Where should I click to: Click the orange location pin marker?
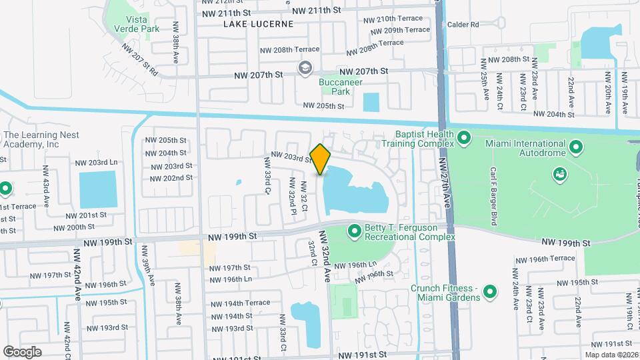pos(320,159)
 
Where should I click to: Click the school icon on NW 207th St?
pos(305,67)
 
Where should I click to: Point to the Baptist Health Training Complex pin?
pos(465,139)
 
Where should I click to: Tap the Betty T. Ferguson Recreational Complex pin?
pos(354,231)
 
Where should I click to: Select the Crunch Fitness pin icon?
pos(490,291)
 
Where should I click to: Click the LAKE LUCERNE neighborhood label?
pos(258,23)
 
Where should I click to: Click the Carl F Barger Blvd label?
pos(494,195)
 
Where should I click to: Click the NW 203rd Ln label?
pos(96,163)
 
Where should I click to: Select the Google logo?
pos(22,351)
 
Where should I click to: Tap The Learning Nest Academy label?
pos(41,139)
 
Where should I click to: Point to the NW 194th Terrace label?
pos(239,303)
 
